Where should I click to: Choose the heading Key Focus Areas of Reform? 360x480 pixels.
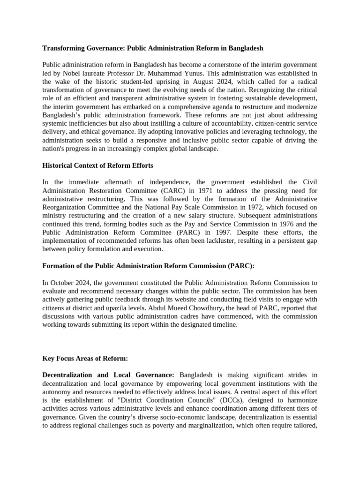click(x=85, y=359)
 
